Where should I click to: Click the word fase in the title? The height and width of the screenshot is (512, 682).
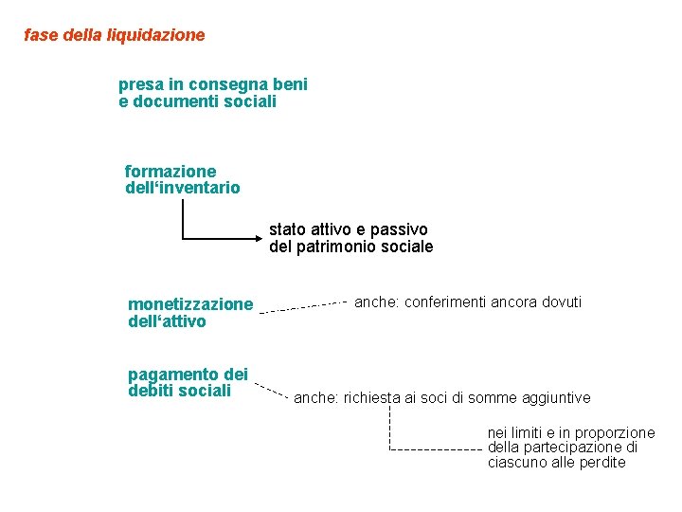tap(40, 35)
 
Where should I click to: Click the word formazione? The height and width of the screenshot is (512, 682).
tap(170, 172)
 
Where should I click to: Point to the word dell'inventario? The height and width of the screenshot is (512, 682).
tap(182, 188)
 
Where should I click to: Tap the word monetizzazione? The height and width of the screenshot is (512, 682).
tap(190, 304)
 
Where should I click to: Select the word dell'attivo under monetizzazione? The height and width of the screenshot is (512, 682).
tap(167, 321)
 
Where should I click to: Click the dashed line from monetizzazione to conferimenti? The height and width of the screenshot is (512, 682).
tap(303, 306)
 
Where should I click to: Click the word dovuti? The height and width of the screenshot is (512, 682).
tap(562, 302)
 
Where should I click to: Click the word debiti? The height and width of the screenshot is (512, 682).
tap(150, 391)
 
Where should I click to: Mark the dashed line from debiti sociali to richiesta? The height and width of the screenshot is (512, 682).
tap(272, 391)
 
